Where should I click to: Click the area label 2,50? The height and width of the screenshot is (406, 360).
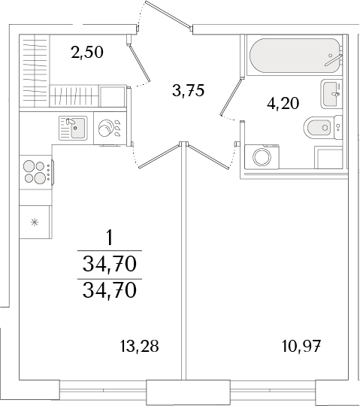pyautogui.click(x=87, y=52)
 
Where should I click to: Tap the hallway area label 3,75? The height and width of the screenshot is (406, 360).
pyautogui.click(x=189, y=90)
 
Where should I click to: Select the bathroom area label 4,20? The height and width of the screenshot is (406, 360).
pyautogui.click(x=283, y=103)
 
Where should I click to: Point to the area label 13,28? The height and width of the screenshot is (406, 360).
pyautogui.click(x=140, y=346)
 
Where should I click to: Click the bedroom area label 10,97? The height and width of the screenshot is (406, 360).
pyautogui.click(x=301, y=346)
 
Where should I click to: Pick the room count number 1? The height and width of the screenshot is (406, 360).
pyautogui.click(x=110, y=238)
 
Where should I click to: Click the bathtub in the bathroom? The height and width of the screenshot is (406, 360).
pyautogui.click(x=295, y=55)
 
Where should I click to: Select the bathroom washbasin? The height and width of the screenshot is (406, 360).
pyautogui.click(x=331, y=94)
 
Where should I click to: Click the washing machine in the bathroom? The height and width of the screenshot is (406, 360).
pyautogui.click(x=262, y=157)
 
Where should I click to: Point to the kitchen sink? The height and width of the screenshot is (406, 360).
pyautogui.click(x=73, y=128)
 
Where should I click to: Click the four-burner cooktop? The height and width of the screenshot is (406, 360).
pyautogui.click(x=37, y=172)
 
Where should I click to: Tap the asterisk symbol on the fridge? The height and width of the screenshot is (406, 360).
pyautogui.click(x=35, y=222)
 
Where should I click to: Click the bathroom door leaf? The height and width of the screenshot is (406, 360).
pyautogui.click(x=230, y=97)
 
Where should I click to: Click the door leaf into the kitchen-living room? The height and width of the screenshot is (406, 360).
pyautogui.click(x=159, y=156)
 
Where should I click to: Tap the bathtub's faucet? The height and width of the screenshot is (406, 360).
pyautogui.click(x=334, y=60)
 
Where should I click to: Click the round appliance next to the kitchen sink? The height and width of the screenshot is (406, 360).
pyautogui.click(x=106, y=128)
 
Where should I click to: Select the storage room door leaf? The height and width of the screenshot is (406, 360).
pyautogui.click(x=140, y=63)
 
